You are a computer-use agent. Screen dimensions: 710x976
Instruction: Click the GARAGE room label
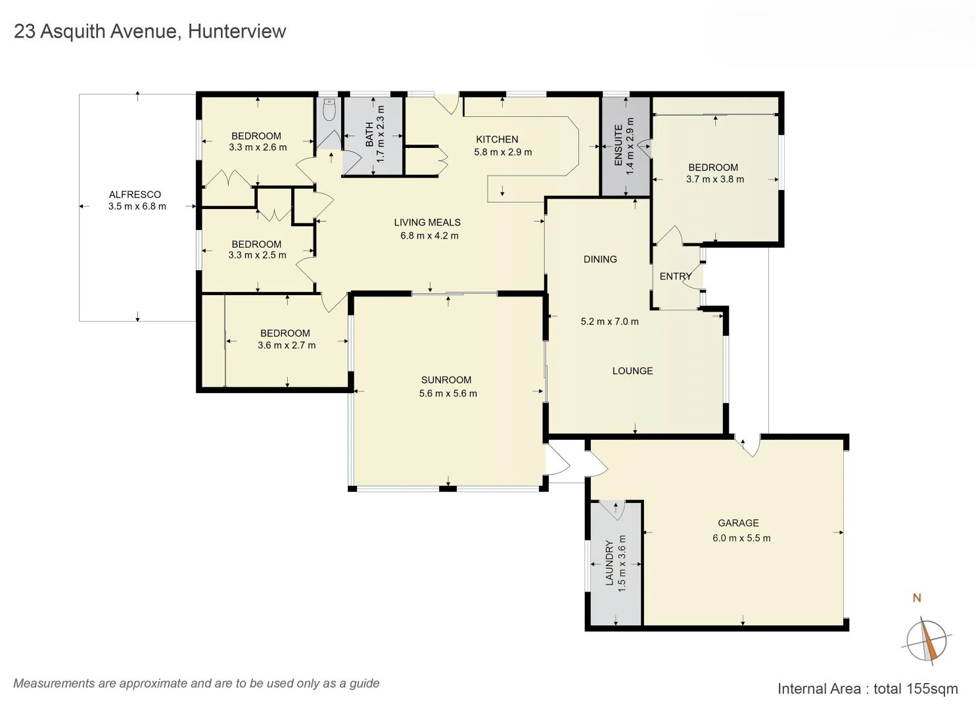[738, 523]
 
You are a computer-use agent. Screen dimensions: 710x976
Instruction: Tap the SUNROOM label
[446, 380]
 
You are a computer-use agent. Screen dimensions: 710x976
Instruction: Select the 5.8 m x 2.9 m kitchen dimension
[503, 152]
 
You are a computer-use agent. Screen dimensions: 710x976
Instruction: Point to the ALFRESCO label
[135, 195]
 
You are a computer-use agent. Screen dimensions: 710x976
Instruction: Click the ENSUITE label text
[618, 145]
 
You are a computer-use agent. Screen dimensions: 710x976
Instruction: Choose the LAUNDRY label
[609, 563]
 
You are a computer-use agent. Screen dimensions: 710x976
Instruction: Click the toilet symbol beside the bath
[329, 110]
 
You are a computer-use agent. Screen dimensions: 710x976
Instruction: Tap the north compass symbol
[926, 640]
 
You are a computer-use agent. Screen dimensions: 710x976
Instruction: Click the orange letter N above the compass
[917, 598]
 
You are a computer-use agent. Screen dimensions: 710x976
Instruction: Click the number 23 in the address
[24, 32]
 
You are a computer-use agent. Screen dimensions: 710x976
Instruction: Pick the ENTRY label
[675, 277]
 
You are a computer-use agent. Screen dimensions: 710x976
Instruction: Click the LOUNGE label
[632, 371]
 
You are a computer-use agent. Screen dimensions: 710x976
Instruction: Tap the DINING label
[600, 260]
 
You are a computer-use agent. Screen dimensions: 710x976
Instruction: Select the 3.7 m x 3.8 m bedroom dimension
[715, 179]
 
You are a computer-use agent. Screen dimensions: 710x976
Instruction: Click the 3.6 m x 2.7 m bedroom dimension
[287, 345]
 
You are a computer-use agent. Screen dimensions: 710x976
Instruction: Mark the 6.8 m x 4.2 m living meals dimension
[429, 235]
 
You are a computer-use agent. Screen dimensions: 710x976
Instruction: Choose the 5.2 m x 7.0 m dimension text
[609, 321]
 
